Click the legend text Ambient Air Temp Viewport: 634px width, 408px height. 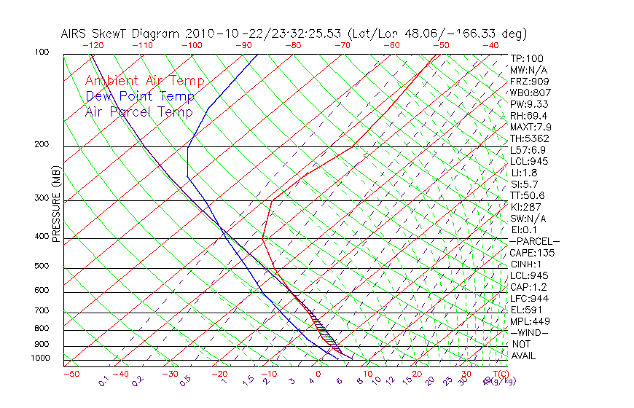(x=145, y=82)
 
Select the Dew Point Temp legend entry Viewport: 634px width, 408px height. (x=140, y=96)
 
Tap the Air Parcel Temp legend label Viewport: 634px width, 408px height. (x=138, y=111)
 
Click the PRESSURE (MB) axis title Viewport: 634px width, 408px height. (x=56, y=204)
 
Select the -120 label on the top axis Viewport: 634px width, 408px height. (x=93, y=45)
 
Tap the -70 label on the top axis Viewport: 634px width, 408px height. (x=343, y=45)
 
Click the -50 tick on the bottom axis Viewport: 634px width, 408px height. (x=71, y=374)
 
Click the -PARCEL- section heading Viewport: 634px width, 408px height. (x=534, y=241)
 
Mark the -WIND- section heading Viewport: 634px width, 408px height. (x=529, y=332)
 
